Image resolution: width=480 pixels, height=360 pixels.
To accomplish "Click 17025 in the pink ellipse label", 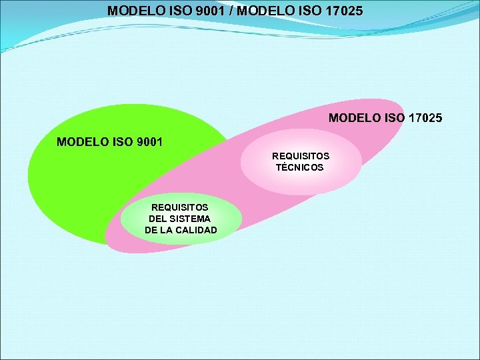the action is pos(425,118).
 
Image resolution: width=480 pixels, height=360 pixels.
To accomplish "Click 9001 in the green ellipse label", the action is pos(147,142).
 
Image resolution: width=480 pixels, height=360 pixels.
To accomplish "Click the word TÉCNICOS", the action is pos(300,167).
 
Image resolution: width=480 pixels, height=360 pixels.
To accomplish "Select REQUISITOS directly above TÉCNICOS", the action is pos(300,156).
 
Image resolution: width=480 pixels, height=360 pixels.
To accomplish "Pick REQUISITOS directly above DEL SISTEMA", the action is pos(180,207).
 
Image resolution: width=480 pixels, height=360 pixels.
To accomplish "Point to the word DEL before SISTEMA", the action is pos(158,219).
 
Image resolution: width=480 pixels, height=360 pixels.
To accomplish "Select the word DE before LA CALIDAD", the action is pos(151,230).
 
